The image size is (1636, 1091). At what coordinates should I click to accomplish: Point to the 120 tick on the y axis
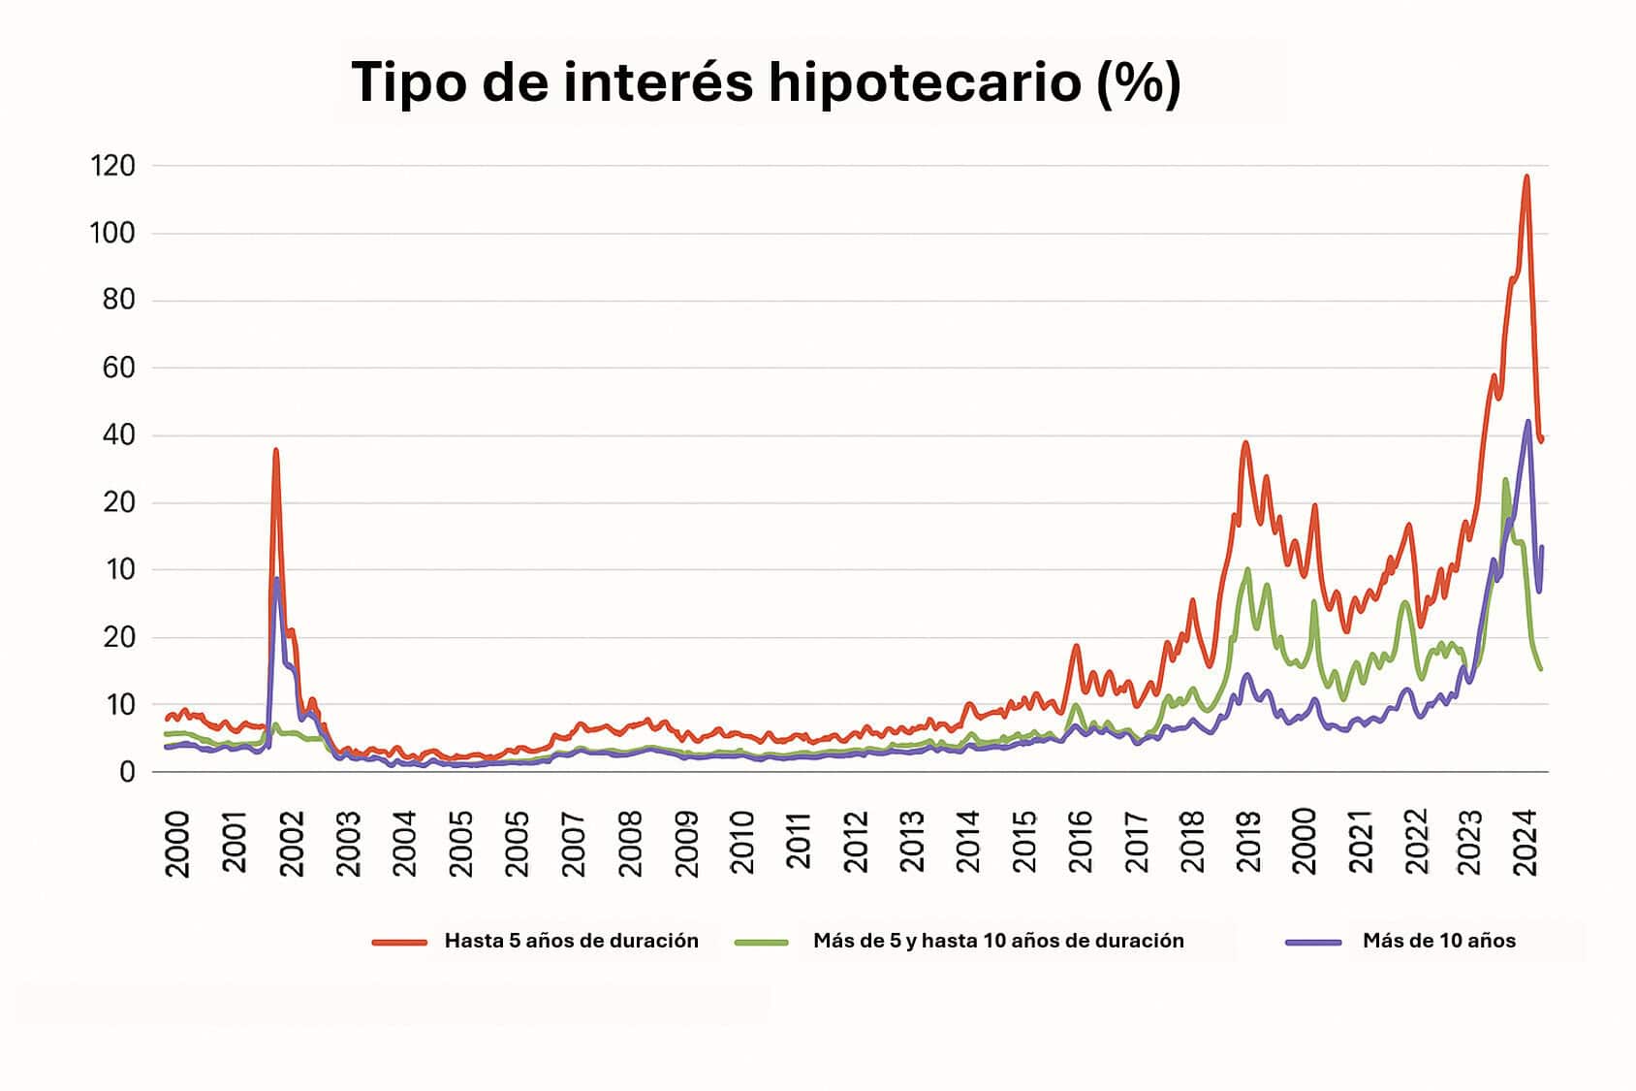(x=112, y=166)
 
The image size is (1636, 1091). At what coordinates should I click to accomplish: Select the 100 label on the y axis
(x=112, y=234)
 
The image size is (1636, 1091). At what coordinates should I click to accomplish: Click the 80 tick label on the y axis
(x=118, y=301)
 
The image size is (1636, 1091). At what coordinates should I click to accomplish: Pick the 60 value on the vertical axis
(x=118, y=369)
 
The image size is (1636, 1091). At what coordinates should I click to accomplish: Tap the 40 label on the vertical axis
(x=118, y=435)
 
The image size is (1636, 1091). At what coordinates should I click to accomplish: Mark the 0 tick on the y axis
(x=127, y=773)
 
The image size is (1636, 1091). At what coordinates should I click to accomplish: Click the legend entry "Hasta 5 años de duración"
(x=571, y=941)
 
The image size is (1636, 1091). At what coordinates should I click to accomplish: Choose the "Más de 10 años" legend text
(x=1438, y=941)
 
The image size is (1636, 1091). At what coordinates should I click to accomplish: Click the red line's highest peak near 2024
(x=1526, y=176)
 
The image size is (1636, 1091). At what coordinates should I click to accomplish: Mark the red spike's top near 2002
(x=276, y=450)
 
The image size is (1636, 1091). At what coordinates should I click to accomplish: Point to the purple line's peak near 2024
(x=1528, y=422)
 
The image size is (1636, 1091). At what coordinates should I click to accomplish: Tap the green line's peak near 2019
(x=1247, y=569)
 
